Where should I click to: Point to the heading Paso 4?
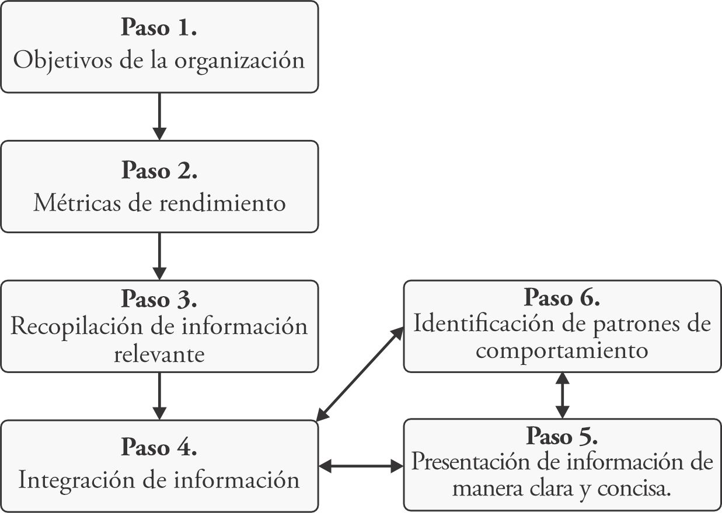[x=159, y=448]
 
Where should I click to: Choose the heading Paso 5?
[x=562, y=435]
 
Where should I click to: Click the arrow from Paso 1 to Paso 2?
[x=159, y=116]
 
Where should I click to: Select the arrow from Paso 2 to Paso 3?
[x=159, y=256]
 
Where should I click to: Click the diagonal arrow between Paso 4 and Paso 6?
[x=360, y=373]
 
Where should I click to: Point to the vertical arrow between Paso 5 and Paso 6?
[x=562, y=395]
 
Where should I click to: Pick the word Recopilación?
[x=76, y=326]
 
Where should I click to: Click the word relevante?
[x=159, y=353]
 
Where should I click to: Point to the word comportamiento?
[x=562, y=351]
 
